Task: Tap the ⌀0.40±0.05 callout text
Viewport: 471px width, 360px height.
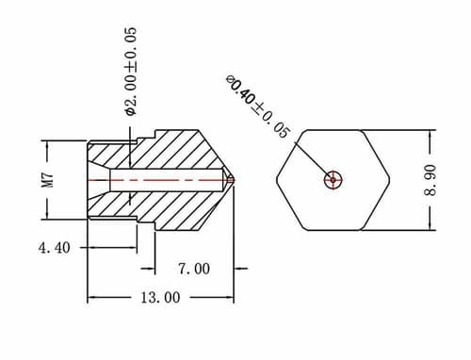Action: [x=257, y=106]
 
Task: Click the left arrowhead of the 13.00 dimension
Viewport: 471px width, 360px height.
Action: [x=92, y=298]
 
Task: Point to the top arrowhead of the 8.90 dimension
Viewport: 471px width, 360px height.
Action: [x=430, y=135]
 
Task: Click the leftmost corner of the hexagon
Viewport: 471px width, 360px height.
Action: [x=277, y=179]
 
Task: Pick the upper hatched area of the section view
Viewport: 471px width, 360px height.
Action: [x=179, y=151]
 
